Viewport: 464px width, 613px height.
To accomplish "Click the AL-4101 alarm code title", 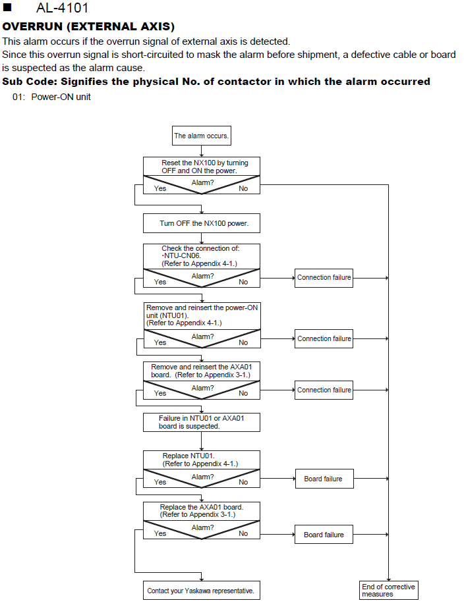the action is point(62,8).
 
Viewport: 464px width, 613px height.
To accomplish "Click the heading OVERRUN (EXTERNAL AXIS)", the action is point(88,26).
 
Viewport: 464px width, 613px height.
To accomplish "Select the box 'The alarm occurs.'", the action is point(202,136).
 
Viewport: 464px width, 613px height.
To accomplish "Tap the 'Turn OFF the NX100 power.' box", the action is point(202,223).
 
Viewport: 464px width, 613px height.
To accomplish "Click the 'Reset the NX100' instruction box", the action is point(202,167).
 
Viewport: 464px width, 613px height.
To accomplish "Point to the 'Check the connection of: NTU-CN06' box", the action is point(202,256).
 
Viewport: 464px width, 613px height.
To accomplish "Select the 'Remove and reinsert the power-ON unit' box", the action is point(202,315).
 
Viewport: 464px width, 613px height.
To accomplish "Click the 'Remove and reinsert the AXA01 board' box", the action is point(202,371).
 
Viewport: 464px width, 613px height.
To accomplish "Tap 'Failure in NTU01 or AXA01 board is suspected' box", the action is point(202,422).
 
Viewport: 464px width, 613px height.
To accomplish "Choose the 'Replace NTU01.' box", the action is point(202,460).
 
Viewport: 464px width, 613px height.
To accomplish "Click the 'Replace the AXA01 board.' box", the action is point(202,511).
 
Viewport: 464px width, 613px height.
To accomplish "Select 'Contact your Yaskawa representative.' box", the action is point(202,591).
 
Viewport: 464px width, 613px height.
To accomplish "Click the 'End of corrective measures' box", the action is point(388,591).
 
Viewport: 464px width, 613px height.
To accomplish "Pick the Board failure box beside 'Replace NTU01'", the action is point(324,479).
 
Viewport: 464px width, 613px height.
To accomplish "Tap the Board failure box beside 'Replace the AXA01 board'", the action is point(324,535).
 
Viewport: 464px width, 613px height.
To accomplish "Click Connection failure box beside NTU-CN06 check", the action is point(324,278).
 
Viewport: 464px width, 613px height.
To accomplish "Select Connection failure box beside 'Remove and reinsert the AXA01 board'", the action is point(324,390).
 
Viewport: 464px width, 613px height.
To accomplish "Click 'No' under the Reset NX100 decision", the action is point(243,188).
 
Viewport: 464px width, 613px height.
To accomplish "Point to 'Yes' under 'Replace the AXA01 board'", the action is point(160,533).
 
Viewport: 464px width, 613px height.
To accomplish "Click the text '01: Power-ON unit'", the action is point(51,97).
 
